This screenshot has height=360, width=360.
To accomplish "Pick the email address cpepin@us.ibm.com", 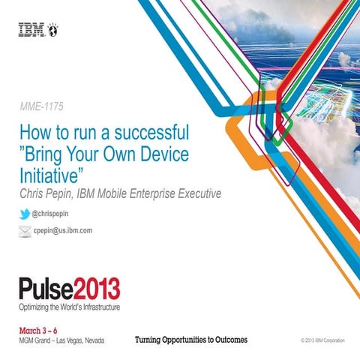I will click(x=62, y=231).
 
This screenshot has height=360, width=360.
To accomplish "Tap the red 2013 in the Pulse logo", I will click(x=94, y=289).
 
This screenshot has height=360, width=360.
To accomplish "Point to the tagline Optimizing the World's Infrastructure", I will click(x=69, y=307).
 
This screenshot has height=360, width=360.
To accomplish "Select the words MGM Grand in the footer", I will click(x=34, y=341).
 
